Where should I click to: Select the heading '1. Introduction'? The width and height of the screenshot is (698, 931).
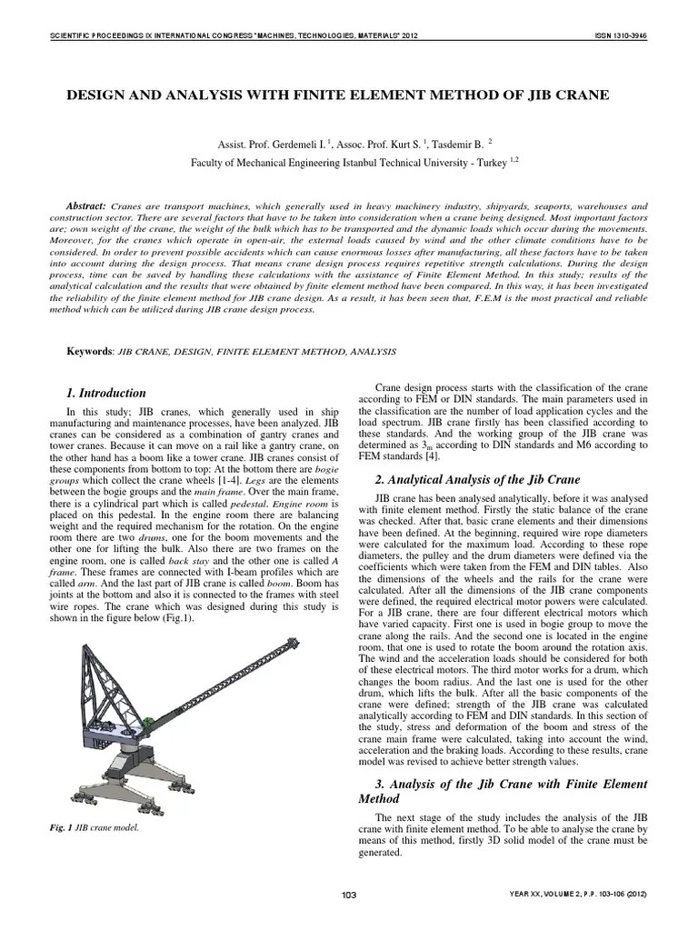coord(106,394)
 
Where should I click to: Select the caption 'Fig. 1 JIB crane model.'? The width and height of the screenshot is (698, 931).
coord(101,828)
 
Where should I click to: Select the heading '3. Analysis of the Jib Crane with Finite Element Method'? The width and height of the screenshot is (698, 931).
coord(504,791)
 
